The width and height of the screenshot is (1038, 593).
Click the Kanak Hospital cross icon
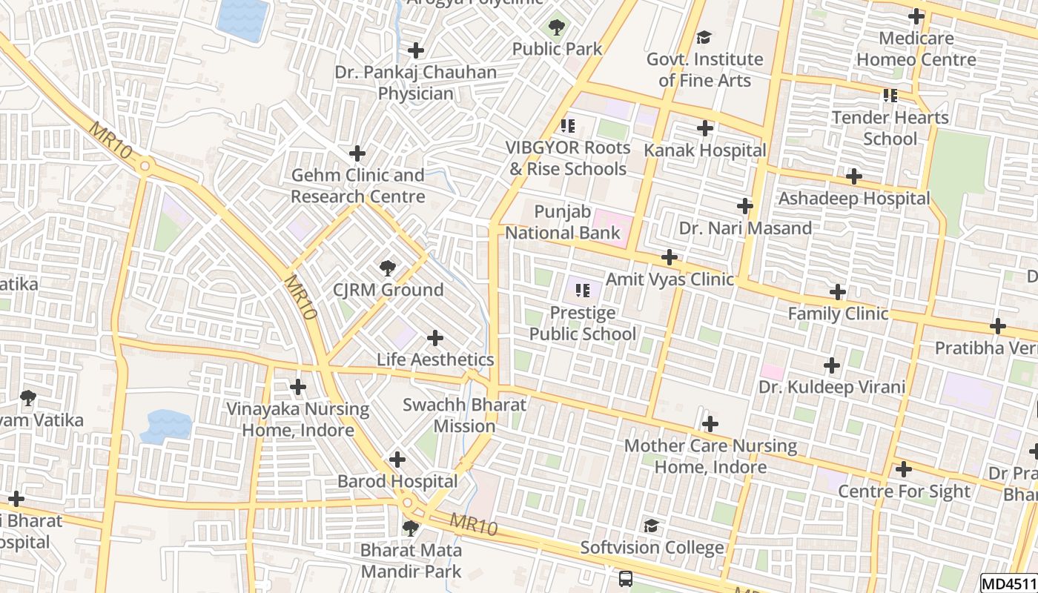pos(704,129)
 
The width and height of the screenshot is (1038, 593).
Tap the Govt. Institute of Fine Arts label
pos(704,70)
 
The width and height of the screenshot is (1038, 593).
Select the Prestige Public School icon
pos(582,291)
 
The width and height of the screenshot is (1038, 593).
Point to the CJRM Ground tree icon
pos(386,268)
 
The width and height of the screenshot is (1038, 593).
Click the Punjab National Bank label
pos(563,222)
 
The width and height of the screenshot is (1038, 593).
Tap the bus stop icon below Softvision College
pos(625,578)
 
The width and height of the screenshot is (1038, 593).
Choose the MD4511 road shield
pos(1009,583)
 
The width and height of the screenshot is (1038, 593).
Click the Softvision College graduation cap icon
pos(651,526)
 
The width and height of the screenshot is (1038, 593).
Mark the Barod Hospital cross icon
pos(397,460)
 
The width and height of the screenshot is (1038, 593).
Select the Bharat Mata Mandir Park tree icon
pos(410,529)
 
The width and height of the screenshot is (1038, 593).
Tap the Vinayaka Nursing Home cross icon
pos(298,387)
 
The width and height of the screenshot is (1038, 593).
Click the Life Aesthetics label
pos(435,360)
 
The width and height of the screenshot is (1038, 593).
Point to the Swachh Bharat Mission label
pos(464,416)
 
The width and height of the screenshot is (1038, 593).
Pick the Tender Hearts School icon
pos(890,96)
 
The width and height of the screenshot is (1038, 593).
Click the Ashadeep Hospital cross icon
pos(853,177)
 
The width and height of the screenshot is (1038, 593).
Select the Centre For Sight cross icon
pos(903,469)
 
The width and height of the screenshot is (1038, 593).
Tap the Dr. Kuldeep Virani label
pos(832,387)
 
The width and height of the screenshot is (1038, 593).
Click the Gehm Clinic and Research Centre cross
pos(357,153)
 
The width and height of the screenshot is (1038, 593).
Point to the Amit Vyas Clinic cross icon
pos(670,258)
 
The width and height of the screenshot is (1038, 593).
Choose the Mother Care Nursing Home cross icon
pos(710,425)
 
